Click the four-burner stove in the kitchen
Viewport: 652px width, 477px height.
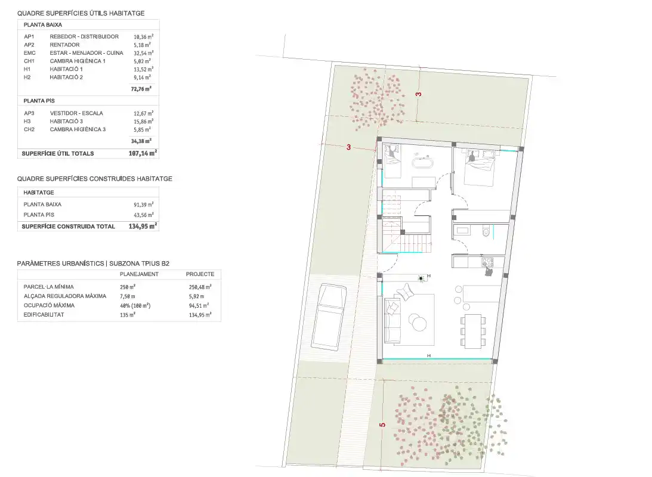(x=487, y=262)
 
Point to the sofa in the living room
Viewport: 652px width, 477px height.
(x=391, y=320)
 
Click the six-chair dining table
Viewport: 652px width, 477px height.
(x=473, y=331)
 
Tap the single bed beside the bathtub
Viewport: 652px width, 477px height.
(x=392, y=161)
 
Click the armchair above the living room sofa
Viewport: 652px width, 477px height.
(x=404, y=292)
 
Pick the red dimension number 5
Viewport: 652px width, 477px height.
(x=382, y=425)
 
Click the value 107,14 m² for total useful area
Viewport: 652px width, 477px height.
(x=143, y=153)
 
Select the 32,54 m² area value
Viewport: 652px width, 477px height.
(x=143, y=53)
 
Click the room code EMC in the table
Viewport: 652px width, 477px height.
(x=29, y=53)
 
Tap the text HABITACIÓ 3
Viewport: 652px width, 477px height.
(x=66, y=121)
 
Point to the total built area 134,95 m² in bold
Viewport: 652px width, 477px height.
(x=143, y=227)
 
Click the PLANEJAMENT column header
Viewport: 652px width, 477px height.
(x=139, y=274)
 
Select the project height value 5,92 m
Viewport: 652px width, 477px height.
(x=196, y=296)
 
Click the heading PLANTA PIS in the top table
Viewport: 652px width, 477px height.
(x=39, y=101)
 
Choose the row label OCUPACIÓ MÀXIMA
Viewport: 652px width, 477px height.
(x=49, y=305)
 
